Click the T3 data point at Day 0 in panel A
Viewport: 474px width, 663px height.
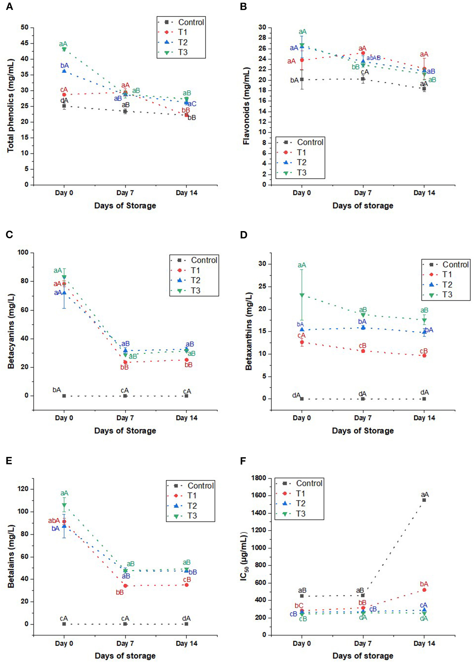tap(64, 49)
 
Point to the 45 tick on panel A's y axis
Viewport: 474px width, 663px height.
tap(25, 43)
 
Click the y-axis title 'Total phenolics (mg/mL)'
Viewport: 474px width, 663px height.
tap(10, 106)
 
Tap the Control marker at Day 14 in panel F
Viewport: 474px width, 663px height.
tap(424, 500)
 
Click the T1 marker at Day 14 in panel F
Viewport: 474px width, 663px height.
tap(424, 590)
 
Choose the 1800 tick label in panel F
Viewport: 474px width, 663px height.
tap(258, 478)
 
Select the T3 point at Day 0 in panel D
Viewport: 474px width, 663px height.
tap(302, 295)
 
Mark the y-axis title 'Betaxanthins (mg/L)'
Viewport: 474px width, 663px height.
tap(249, 331)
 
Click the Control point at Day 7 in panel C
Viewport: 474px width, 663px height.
tap(125, 396)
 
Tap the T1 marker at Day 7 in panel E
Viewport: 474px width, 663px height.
tap(125, 586)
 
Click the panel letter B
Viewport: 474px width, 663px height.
tap(243, 6)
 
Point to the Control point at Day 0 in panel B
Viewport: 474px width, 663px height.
tap(302, 79)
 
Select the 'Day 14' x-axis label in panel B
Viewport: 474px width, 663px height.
tap(424, 193)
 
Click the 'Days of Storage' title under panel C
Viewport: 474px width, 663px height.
tap(125, 431)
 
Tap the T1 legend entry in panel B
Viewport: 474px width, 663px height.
tap(301, 152)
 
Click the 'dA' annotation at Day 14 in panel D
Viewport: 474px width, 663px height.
tap(424, 392)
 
